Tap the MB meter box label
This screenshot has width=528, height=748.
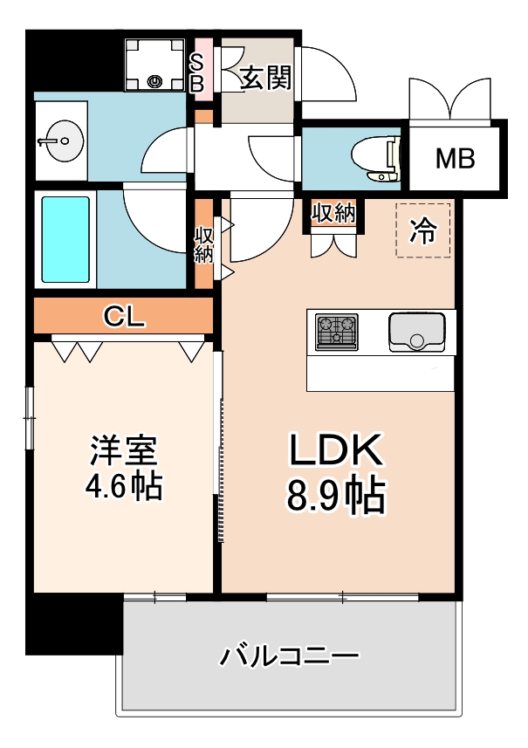coord(455,159)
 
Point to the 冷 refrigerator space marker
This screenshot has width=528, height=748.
coord(423,230)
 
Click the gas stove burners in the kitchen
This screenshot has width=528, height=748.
coord(337,332)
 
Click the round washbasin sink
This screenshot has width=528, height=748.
coord(58,140)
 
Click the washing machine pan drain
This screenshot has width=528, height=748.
coord(155,82)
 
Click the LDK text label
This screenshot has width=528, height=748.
coord(336,451)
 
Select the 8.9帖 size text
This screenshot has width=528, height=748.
coord(336,497)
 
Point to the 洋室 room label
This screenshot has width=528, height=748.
coord(125,451)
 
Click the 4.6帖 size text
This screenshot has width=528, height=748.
coord(125,486)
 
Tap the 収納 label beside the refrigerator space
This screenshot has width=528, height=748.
coord(333,213)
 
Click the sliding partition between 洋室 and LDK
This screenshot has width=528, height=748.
coord(219,445)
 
